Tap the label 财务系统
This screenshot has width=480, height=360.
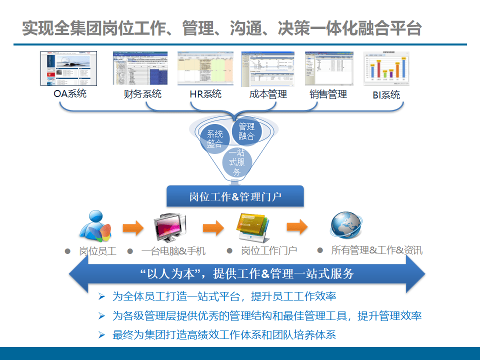142,93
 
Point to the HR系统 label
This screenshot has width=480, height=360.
205,93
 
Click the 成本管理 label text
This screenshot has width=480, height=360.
268,93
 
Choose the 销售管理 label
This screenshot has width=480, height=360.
328,93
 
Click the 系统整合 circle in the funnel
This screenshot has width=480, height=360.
215,139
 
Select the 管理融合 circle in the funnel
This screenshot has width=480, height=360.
246,131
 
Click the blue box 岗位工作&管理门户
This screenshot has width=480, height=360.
235,196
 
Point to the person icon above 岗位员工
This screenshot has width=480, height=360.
95,226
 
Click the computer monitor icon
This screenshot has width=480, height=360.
169,227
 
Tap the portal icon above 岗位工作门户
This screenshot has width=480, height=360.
253,227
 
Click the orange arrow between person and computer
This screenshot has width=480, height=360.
133,228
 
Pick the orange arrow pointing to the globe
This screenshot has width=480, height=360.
297,226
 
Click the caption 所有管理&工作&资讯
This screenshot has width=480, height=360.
376,250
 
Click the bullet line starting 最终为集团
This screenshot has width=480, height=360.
224,334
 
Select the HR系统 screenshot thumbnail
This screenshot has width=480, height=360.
205,68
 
